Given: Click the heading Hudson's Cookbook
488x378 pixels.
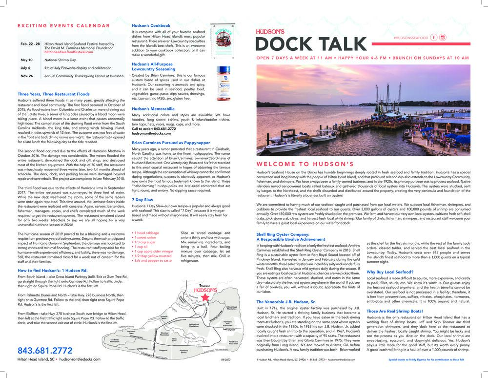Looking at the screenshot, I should [151, 25].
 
